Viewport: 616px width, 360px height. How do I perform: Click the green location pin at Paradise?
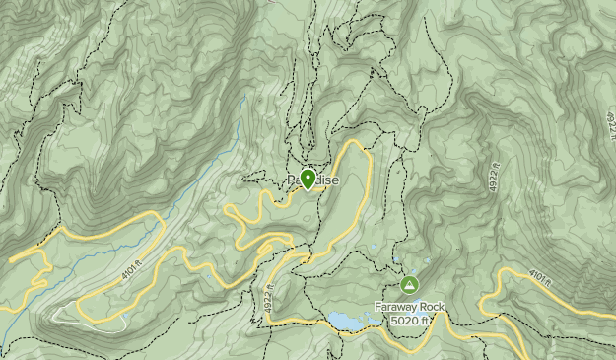(x=308, y=180)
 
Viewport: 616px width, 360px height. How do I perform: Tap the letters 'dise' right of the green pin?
(x=327, y=180)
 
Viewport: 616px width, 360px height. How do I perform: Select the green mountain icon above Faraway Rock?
(x=409, y=285)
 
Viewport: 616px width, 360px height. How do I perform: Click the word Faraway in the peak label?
(x=397, y=307)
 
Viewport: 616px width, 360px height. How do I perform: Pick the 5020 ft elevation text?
(x=410, y=320)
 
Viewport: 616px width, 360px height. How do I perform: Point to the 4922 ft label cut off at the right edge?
(x=609, y=126)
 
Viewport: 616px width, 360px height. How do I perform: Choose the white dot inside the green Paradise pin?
(x=308, y=177)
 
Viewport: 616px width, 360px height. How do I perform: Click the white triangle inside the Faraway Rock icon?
(x=409, y=285)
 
